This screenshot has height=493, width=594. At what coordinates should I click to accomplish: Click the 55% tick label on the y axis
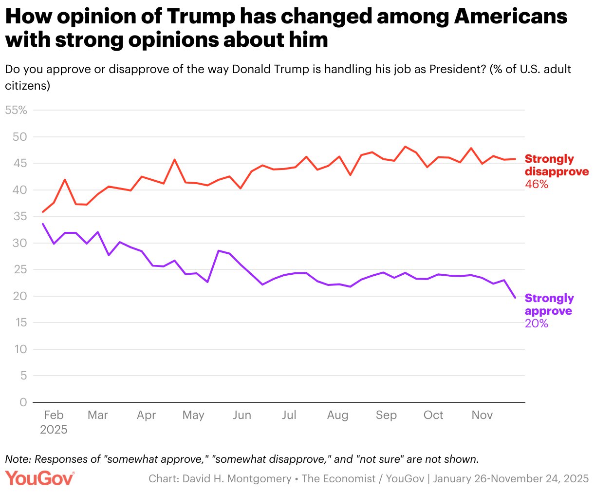[16, 110]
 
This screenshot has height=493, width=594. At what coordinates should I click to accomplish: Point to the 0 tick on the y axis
[23, 402]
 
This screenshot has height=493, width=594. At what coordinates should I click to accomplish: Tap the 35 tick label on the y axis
[20, 216]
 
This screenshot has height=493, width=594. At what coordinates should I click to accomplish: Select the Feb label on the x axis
[54, 415]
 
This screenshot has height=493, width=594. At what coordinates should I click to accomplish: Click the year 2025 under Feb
[54, 430]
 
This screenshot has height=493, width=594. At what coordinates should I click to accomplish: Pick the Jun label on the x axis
[242, 415]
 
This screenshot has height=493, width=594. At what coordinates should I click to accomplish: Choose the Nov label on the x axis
[482, 415]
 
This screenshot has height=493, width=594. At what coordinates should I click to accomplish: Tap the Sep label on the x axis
[386, 415]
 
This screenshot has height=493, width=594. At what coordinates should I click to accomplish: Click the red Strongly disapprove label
[557, 165]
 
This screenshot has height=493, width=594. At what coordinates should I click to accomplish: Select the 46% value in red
[537, 184]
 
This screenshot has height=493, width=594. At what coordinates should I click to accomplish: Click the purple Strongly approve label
[549, 304]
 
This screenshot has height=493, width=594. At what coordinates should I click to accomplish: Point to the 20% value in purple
[537, 323]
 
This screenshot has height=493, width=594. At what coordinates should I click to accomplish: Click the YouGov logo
[40, 478]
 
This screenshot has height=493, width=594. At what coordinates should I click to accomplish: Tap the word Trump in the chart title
[200, 17]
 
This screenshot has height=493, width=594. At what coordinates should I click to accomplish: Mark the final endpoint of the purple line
[515, 297]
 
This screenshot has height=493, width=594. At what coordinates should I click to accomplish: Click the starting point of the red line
[43, 212]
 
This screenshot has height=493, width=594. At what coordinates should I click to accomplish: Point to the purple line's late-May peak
[219, 251]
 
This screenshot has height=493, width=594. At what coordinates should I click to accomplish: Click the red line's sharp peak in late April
[174, 159]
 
